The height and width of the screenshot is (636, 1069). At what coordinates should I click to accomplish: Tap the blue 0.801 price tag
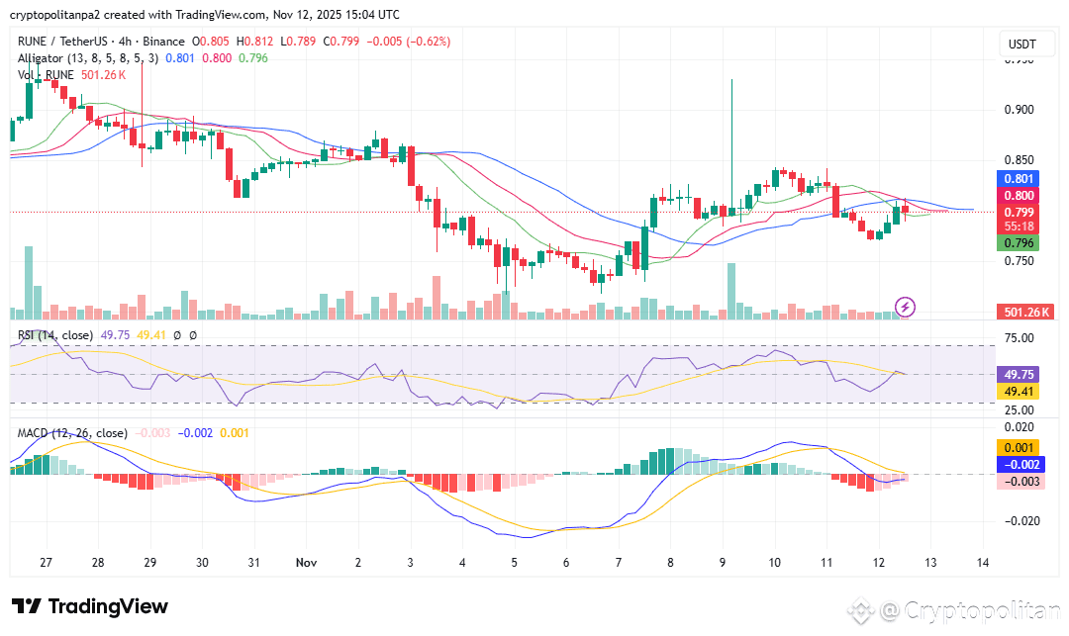[x=1020, y=179]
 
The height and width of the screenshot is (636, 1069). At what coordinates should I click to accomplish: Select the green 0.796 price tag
[x=1020, y=242]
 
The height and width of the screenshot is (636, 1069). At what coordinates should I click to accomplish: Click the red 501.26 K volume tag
[x=1024, y=313]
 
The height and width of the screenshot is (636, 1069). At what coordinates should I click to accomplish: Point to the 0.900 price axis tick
[x=1020, y=110]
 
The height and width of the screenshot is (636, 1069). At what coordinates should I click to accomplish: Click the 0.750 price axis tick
[x=1020, y=261]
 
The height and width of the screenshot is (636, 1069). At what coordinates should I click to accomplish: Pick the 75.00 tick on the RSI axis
[x=1020, y=338]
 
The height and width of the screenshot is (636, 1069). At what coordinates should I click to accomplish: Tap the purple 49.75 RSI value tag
[x=1020, y=376]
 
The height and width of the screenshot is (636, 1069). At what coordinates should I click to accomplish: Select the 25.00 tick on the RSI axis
[x=1020, y=409]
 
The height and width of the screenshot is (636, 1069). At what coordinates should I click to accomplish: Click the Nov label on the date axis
[x=306, y=562]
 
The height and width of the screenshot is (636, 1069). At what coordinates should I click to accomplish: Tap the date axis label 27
[x=46, y=562]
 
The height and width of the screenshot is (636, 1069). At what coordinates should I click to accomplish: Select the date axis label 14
[x=982, y=562]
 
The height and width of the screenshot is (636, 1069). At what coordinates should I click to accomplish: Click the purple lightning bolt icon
[x=905, y=307]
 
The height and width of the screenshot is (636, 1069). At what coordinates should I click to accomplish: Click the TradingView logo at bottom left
[x=90, y=606]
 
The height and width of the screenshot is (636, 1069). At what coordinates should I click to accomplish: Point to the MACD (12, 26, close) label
[x=72, y=433]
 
